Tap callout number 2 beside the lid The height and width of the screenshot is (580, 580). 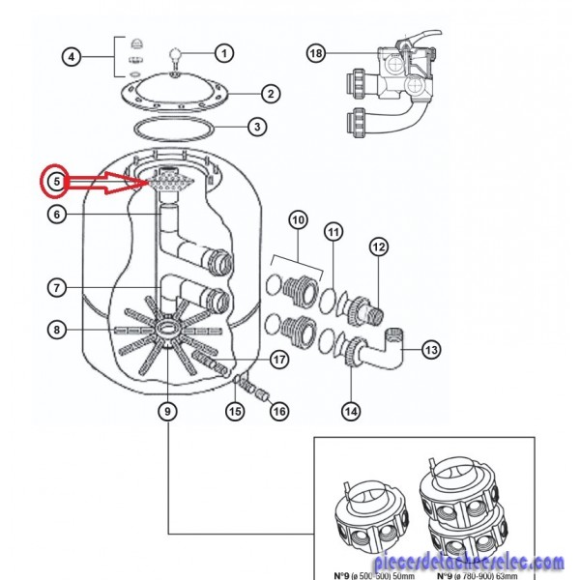click(x=271, y=94)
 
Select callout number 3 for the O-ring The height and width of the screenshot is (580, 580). click(x=255, y=127)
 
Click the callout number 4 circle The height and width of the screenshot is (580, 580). click(x=71, y=57)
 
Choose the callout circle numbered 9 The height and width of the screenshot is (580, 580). click(x=168, y=412)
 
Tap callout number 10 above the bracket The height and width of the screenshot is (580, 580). click(x=298, y=220)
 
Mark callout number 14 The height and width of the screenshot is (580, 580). click(x=351, y=411)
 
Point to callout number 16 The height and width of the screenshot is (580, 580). click(x=278, y=412)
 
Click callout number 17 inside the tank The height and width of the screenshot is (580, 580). click(x=279, y=360)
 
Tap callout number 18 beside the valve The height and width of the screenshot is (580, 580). click(x=316, y=53)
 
